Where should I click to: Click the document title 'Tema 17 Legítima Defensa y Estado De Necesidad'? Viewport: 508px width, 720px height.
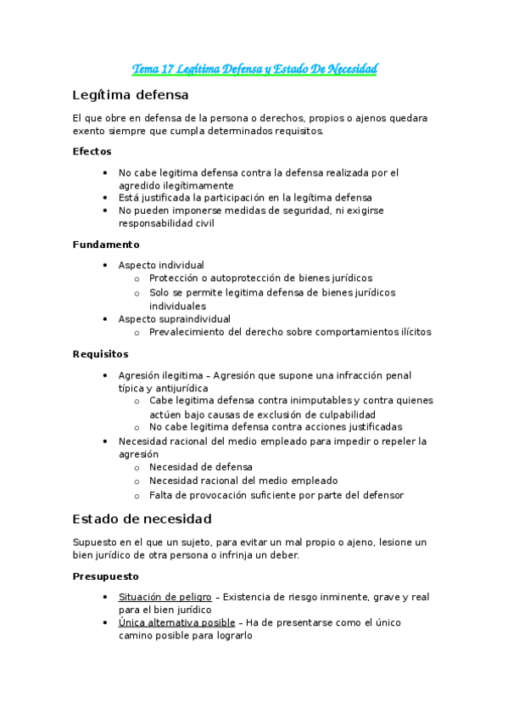pos(254,69)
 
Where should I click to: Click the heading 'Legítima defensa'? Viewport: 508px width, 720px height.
pos(131,94)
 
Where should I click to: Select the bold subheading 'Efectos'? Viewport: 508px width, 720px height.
pos(92,151)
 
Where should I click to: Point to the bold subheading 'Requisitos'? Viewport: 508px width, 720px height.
pos(100,353)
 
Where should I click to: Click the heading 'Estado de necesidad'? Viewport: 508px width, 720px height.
pos(142,518)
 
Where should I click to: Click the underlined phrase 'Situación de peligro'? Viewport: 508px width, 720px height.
pos(165,597)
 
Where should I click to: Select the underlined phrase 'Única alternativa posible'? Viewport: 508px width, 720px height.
pos(176,622)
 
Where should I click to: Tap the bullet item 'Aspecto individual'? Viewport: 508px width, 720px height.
pos(161,265)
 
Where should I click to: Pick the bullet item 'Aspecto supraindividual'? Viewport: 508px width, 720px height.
pos(174,319)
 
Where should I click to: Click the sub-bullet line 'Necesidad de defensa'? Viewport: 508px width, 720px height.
pos(200,467)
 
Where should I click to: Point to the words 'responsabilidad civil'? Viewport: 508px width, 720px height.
pos(166,224)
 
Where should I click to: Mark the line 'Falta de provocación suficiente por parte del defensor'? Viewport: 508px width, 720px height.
pos(276,495)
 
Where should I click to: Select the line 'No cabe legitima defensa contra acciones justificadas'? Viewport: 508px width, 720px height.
pos(275,427)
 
